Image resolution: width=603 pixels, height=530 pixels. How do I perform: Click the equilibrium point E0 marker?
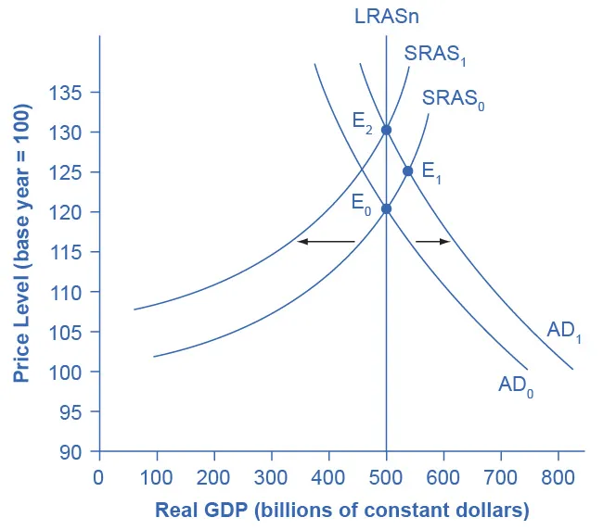tap(386, 208)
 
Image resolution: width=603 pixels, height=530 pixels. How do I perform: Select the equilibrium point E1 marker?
tap(407, 171)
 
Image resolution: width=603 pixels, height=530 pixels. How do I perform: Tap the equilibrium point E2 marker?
tap(386, 130)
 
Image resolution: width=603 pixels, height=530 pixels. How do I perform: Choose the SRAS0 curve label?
tap(453, 98)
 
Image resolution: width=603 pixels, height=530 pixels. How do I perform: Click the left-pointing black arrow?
tap(326, 242)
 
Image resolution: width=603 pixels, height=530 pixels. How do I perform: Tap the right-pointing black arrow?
tap(432, 242)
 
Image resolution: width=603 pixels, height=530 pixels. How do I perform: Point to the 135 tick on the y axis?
tap(71, 93)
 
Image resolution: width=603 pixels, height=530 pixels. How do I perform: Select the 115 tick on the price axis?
tap(71, 252)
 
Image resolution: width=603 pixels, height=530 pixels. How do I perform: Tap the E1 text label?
tap(431, 170)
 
